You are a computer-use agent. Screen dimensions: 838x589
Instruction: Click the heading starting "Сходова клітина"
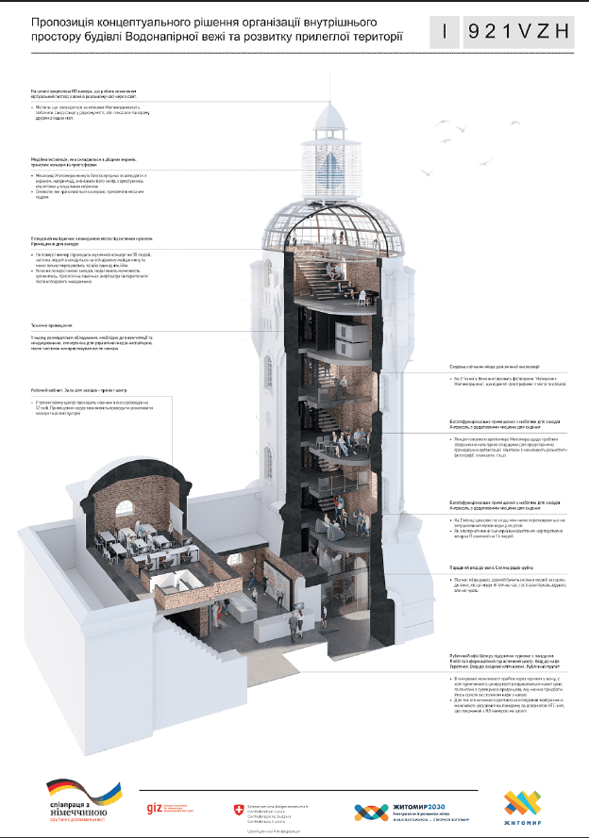(491, 366)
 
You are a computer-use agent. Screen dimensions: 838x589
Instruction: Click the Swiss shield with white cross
(237, 810)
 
